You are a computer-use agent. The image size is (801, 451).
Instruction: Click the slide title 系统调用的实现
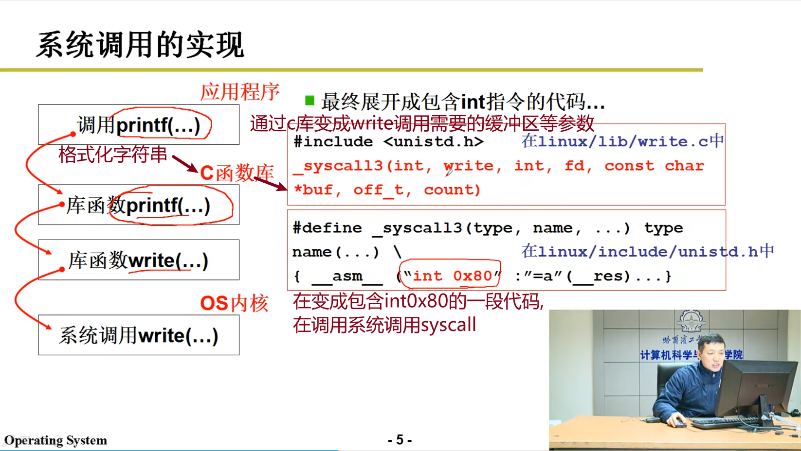click(x=140, y=45)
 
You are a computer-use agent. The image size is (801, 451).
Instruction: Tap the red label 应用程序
click(x=239, y=92)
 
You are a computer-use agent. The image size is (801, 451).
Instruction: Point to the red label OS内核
click(x=234, y=304)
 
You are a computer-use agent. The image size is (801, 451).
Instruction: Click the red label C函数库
click(x=237, y=173)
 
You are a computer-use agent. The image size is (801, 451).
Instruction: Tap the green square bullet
click(x=309, y=100)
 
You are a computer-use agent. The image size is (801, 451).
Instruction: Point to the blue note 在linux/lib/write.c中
click(x=622, y=141)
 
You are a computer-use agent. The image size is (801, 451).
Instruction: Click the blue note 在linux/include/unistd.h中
click(x=648, y=252)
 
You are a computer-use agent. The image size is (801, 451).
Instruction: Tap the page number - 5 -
click(x=400, y=440)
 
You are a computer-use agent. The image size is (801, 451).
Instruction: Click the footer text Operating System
click(x=56, y=440)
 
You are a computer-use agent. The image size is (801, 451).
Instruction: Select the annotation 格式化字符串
click(x=112, y=155)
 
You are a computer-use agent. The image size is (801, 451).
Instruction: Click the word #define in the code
click(x=327, y=228)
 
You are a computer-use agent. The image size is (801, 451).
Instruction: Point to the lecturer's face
click(x=711, y=353)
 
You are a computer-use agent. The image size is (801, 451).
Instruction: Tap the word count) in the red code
click(x=453, y=190)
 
